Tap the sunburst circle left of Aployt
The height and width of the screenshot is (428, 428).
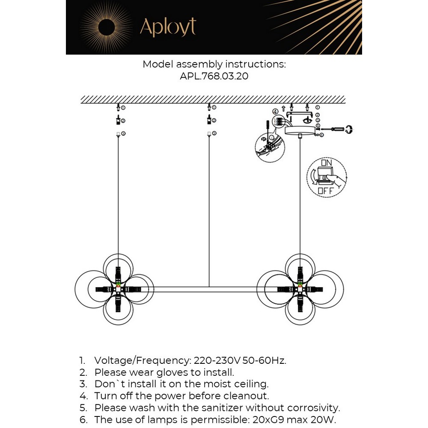(x=106, y=27)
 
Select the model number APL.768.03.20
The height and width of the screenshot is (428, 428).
(x=214, y=76)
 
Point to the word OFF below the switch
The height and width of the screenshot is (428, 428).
(x=325, y=191)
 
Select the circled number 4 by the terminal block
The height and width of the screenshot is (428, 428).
(x=275, y=112)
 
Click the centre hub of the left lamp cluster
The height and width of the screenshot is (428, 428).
(x=118, y=290)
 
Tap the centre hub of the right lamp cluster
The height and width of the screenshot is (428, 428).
(x=300, y=290)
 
